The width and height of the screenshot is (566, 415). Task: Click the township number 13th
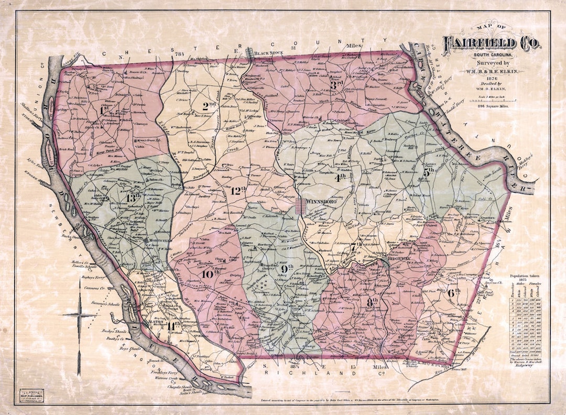[x=134, y=197]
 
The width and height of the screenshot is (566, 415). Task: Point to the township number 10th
[x=210, y=272]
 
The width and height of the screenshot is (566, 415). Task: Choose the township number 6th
[x=454, y=292]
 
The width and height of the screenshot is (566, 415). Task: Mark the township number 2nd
[x=209, y=106]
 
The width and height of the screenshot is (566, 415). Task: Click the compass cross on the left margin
[x=80, y=315]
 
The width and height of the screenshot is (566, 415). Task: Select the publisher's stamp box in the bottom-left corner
[x=31, y=394]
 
